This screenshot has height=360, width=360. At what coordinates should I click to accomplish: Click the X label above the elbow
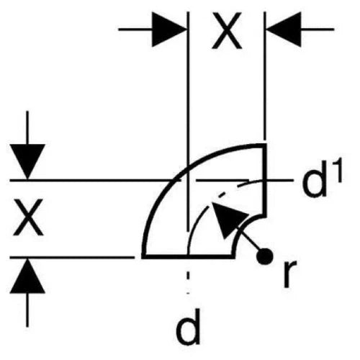pos(227,31)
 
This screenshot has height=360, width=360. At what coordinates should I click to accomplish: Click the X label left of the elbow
pos(28,217)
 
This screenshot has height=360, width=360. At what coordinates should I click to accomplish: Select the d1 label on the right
pos(322,179)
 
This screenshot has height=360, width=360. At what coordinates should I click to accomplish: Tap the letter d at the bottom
pos(188,326)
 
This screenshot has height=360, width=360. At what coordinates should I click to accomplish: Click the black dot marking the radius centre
pos(264,256)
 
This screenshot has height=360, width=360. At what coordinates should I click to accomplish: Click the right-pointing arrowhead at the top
pos(169,30)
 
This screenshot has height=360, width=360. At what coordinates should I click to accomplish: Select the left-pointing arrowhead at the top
pos(284,30)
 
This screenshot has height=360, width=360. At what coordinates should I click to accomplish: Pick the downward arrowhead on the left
pos(27,161)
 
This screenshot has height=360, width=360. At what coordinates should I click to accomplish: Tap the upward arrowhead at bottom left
pos(27,276)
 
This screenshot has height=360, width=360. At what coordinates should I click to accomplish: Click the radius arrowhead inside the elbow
pos(227,218)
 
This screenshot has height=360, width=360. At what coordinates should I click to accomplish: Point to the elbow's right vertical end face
pos(265,181)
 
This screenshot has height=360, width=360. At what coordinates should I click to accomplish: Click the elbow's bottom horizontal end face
pos(188,256)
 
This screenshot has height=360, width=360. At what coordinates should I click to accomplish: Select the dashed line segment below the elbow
pos(188,282)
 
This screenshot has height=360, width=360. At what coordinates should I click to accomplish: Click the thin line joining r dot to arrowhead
pos(250,240)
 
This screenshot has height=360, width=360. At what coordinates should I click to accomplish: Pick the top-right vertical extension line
pos(265,76)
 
